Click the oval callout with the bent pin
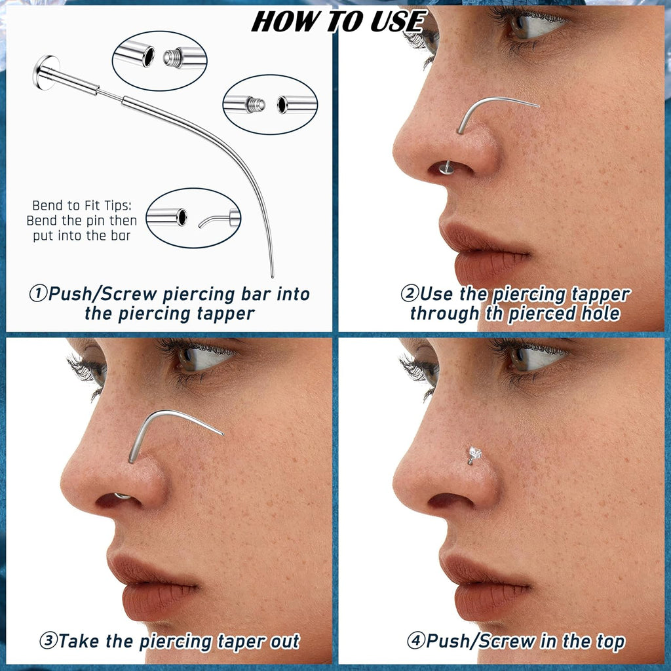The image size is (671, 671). (x=193, y=218)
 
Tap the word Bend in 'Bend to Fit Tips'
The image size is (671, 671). (x=48, y=206)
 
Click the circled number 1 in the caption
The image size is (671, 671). (x=37, y=294)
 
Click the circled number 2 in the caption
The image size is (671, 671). (x=410, y=294)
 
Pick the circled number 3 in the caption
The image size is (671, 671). (x=48, y=641)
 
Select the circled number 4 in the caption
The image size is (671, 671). (x=415, y=641)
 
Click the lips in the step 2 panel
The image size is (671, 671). (x=482, y=252)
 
